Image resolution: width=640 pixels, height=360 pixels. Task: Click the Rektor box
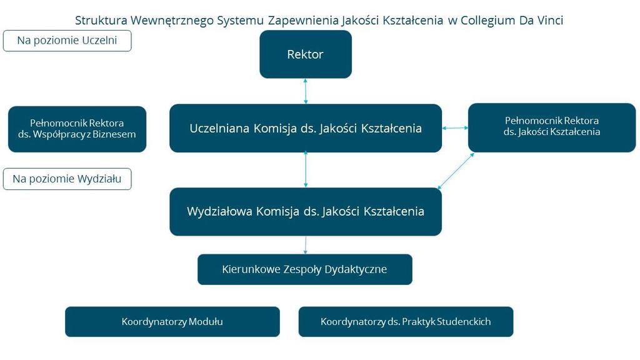(305, 54)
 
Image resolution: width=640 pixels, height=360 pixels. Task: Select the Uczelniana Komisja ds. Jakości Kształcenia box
(305, 128)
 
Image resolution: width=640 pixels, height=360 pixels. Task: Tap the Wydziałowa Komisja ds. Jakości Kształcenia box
(305, 211)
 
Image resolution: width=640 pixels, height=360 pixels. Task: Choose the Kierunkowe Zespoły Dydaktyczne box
(305, 269)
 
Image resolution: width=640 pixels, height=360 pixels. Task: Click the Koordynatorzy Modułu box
(172, 322)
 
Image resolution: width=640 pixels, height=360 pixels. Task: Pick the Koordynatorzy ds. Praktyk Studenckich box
(406, 322)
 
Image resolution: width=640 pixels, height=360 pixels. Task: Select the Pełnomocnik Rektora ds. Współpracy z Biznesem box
(77, 129)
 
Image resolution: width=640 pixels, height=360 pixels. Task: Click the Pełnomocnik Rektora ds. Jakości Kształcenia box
(552, 127)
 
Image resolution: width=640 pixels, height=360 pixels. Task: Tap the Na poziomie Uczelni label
(67, 41)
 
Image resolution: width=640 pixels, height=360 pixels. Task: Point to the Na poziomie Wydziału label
(67, 179)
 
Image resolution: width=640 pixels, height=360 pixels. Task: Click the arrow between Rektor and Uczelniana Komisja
(305, 91)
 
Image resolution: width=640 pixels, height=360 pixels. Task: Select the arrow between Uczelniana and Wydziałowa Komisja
(305, 169)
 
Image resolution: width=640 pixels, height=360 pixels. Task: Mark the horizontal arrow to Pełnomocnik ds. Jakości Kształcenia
(455, 128)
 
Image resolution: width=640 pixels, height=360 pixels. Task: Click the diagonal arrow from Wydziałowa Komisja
(456, 171)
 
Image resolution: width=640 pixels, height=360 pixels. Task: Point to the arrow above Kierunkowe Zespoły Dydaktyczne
(305, 245)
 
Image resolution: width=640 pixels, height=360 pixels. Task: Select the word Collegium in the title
(487, 21)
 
